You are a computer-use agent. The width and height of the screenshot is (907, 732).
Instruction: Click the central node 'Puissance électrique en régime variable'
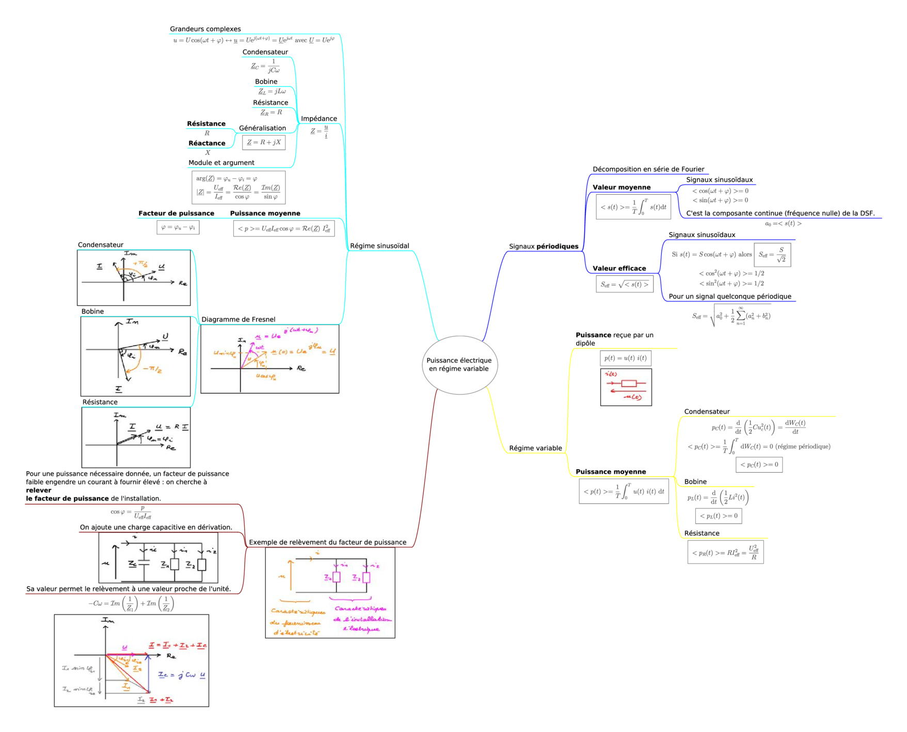459,365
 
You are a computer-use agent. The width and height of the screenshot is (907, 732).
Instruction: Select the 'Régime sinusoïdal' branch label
379,246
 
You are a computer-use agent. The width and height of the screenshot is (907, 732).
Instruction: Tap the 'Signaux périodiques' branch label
544,246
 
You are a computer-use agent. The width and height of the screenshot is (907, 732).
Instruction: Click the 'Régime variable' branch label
535,448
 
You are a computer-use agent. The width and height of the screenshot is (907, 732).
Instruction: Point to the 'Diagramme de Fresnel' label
238,320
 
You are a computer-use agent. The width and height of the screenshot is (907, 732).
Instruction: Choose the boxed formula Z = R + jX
264,143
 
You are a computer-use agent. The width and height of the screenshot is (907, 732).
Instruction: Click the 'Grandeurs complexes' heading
205,29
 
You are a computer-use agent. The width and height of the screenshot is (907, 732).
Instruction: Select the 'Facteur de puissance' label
176,213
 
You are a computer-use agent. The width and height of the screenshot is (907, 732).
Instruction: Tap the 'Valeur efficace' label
619,269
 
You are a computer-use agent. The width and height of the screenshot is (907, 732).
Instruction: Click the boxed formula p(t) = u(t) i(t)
625,358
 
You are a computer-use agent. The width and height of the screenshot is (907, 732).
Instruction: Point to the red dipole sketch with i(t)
626,387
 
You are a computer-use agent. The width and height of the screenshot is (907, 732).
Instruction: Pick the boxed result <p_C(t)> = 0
759,465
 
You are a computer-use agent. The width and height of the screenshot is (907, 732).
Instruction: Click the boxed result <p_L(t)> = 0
719,516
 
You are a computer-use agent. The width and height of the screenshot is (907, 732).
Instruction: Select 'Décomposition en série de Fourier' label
648,169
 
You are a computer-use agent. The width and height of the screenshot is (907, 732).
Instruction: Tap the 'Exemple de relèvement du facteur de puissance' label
327,542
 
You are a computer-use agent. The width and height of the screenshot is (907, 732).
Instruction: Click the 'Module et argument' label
221,163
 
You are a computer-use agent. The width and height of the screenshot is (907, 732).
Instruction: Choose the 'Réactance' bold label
206,144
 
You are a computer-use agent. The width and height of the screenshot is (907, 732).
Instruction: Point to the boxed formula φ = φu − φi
178,227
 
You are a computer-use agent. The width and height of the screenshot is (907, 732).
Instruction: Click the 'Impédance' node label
319,119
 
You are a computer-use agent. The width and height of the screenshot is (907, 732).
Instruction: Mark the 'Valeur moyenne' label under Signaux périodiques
622,188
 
